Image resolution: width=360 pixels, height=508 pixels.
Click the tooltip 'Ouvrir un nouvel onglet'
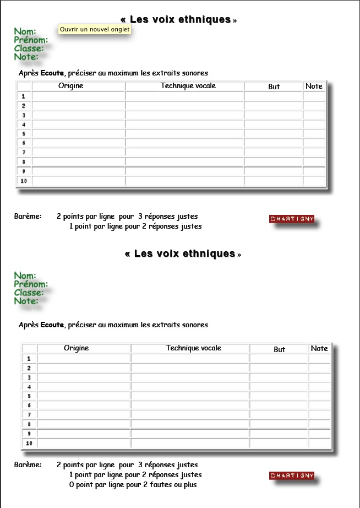(95, 29)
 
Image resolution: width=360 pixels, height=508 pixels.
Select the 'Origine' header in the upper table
(71, 86)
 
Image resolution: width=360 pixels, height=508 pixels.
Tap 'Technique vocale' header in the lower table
(193, 348)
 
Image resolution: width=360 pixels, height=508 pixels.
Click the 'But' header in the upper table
(274, 87)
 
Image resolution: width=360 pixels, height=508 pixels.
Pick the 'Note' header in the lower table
(319, 348)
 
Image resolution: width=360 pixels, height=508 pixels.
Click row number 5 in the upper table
(24, 133)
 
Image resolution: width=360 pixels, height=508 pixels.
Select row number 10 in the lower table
(29, 443)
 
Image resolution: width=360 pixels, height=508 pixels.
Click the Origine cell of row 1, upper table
(78, 96)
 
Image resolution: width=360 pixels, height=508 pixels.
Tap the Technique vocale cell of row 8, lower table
(190, 424)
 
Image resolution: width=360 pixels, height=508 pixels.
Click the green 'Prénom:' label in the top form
(31, 40)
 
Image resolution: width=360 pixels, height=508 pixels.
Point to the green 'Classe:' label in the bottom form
(29, 293)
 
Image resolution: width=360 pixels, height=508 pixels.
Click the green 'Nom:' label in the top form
(25, 31)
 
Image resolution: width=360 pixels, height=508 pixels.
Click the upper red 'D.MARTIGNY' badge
(292, 219)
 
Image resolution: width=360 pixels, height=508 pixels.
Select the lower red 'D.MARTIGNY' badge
(292, 475)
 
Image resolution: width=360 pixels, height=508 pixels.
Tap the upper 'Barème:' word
(28, 217)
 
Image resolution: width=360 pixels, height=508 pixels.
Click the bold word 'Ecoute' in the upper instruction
(52, 73)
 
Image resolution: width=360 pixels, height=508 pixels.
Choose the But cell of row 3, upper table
(273, 115)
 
